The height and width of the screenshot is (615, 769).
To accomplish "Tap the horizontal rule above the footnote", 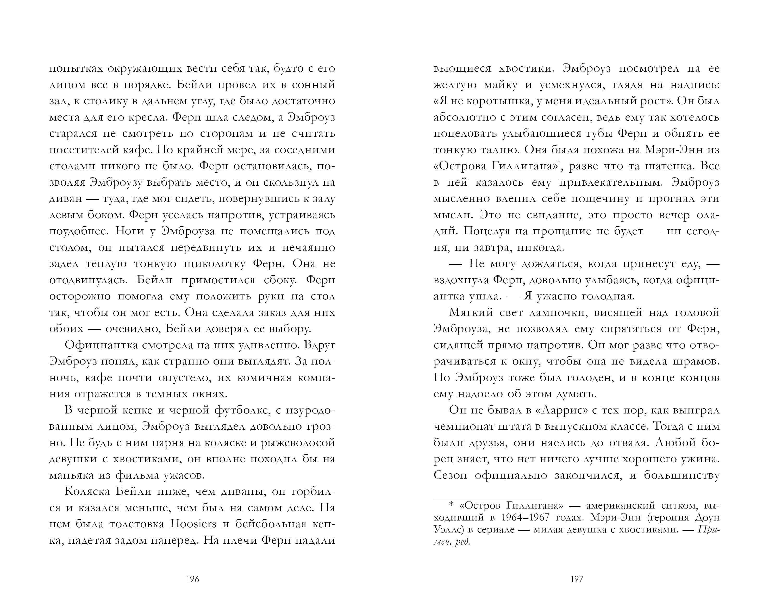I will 487,498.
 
